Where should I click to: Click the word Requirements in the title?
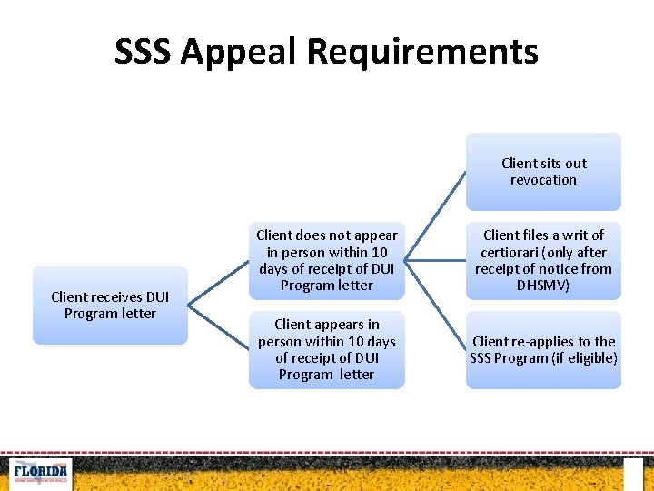tap(421, 52)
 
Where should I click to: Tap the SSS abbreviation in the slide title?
tap(143, 52)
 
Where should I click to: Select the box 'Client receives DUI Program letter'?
tap(110, 306)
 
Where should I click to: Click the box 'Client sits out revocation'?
tap(543, 172)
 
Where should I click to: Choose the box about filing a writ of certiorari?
tap(543, 260)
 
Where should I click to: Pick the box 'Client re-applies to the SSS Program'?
tap(543, 350)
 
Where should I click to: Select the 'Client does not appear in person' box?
tap(326, 260)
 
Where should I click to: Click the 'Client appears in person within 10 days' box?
tap(326, 350)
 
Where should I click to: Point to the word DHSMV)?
tap(543, 286)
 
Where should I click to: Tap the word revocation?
tap(543, 180)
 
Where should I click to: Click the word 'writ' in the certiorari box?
tap(570, 235)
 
